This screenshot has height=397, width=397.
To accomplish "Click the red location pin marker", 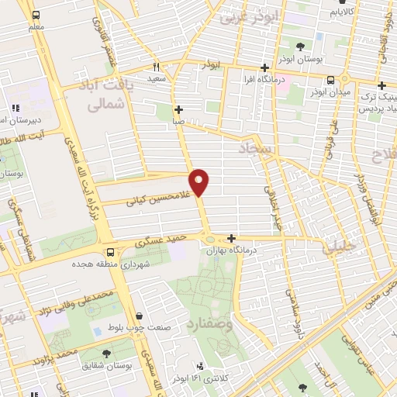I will [x=199, y=181].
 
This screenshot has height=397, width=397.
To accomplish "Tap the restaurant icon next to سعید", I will [x=156, y=67].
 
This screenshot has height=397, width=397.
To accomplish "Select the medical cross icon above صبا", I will [x=178, y=109].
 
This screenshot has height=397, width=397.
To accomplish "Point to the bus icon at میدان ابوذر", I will [x=331, y=80].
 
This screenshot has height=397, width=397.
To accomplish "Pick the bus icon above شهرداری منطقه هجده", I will [x=109, y=252].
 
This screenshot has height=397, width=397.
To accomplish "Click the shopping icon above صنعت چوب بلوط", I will [x=139, y=316].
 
